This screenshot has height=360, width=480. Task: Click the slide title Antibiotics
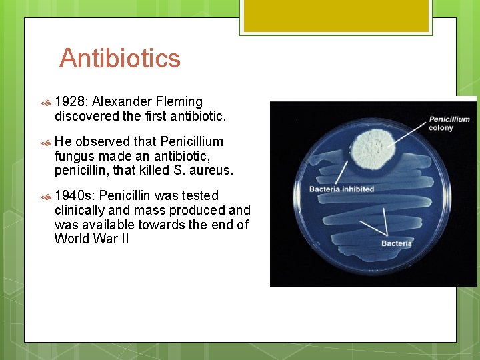point(120,59)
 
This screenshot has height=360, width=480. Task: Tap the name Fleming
point(178,102)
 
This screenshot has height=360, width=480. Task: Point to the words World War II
point(92,239)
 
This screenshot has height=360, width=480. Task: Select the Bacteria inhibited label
point(341,189)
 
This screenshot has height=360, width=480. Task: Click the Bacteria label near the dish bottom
point(396,243)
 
